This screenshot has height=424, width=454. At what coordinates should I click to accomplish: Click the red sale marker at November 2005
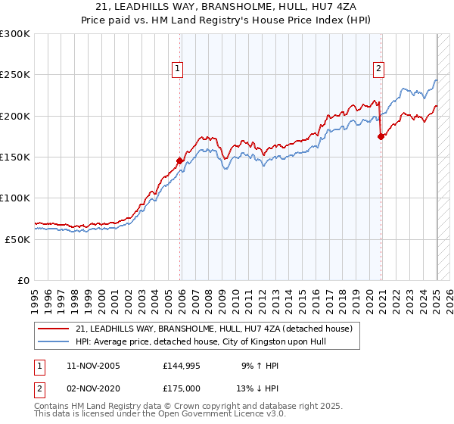(x=180, y=161)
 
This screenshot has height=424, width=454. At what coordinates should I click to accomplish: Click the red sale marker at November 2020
(x=381, y=136)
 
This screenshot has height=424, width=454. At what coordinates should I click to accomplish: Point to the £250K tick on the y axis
(x=15, y=75)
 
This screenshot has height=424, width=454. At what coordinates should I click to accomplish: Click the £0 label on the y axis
(x=23, y=280)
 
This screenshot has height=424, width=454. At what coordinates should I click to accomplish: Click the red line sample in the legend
(x=54, y=329)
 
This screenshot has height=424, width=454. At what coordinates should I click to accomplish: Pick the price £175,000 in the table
(x=187, y=390)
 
